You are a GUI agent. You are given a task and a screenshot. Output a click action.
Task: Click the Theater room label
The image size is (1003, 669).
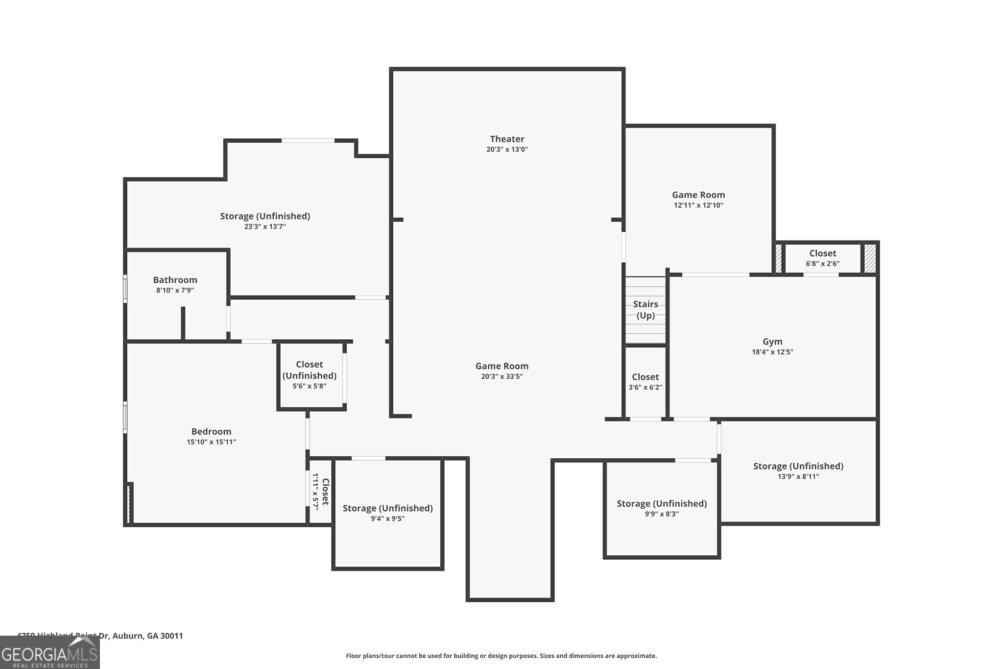point(507,139)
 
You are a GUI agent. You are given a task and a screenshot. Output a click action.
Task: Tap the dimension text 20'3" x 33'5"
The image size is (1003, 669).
point(502,376)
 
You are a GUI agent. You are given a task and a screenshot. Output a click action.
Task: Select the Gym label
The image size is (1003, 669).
point(772,342)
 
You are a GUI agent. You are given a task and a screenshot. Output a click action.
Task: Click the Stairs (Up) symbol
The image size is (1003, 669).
point(645,310)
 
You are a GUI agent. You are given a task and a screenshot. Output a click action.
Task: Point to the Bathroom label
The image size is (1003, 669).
point(175,280)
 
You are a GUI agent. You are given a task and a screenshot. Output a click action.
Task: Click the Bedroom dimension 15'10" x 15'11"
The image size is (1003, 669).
point(211,442)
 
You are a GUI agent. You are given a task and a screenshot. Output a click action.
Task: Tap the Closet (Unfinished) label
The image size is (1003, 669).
point(310,370)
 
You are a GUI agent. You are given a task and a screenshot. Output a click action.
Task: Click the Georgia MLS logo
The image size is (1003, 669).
point(49,652)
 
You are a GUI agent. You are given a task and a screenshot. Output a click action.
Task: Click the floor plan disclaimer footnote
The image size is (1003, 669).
point(501,656)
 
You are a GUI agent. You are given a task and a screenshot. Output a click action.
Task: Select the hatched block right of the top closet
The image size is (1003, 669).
point(870,258)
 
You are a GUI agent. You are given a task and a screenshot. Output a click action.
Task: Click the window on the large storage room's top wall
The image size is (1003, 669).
point(308,141)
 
